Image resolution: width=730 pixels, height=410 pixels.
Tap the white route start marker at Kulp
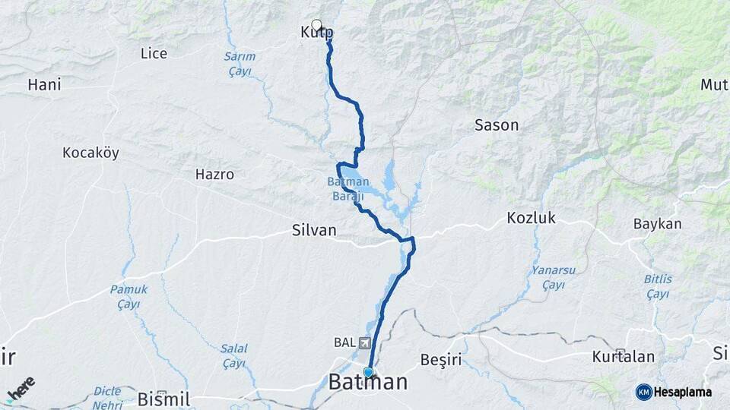click(x=316, y=24)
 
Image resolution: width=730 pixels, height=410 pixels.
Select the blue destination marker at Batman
click(x=368, y=372)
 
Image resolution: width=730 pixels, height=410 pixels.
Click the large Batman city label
click(x=368, y=383)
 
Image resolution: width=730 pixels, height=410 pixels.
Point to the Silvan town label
click(x=314, y=230)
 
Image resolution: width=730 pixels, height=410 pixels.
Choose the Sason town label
click(x=496, y=125)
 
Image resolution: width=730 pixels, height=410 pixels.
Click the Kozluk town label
click(x=532, y=219)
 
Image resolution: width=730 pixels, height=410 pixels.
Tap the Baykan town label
click(x=657, y=224)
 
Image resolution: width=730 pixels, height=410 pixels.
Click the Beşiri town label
click(x=442, y=358)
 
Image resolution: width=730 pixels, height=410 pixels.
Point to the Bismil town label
click(x=163, y=399)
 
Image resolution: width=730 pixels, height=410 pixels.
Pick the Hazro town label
click(x=214, y=174)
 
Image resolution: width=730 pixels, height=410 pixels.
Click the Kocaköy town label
click(x=91, y=153)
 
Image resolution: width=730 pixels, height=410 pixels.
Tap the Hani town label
click(x=44, y=84)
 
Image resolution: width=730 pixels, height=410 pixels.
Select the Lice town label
click(x=154, y=53)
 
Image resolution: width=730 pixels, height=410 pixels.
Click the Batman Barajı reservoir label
click(x=348, y=189)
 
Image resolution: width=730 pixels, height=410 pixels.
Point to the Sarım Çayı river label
click(x=240, y=63)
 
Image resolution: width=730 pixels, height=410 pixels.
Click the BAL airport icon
click(x=365, y=342)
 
